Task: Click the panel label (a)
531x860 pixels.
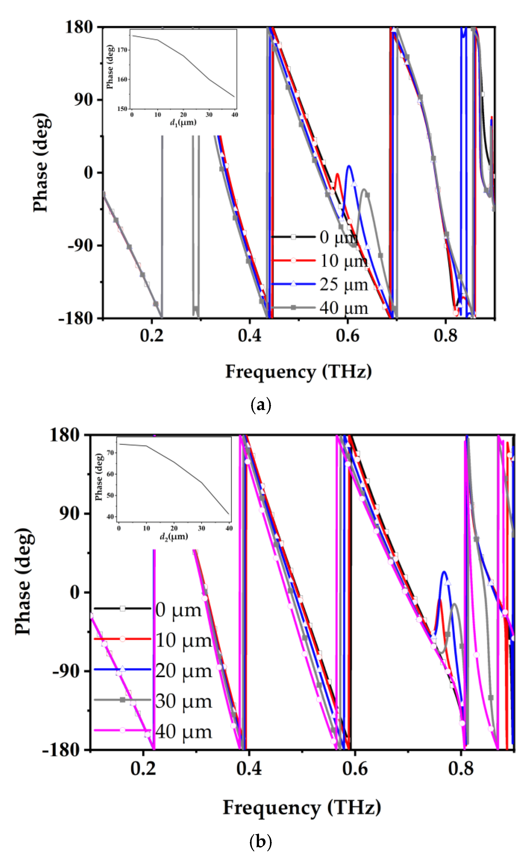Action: pyautogui.click(x=261, y=405)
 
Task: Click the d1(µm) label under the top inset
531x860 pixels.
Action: pyautogui.click(x=183, y=123)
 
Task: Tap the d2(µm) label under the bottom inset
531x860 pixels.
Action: pyautogui.click(x=174, y=536)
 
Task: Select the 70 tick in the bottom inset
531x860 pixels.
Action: pyautogui.click(x=110, y=453)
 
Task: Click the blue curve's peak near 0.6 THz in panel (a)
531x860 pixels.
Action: pyautogui.click(x=349, y=166)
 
